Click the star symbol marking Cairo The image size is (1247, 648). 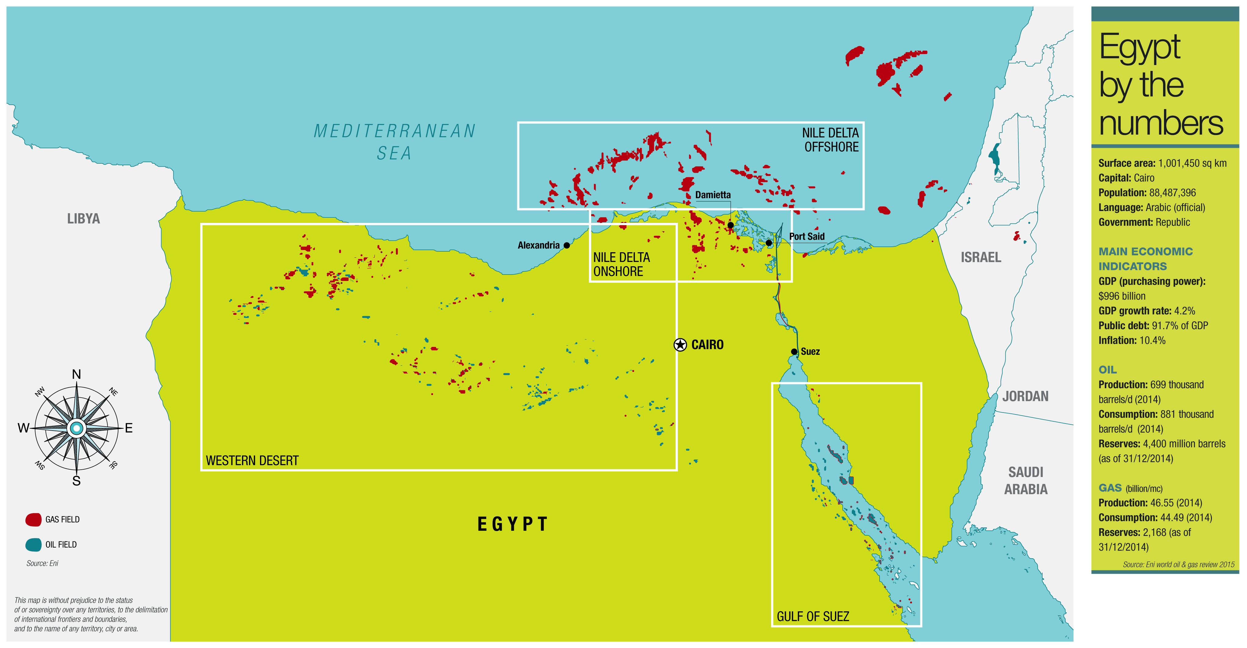(680, 345)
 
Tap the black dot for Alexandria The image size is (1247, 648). (567, 246)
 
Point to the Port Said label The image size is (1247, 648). (807, 236)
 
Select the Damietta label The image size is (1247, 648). (713, 195)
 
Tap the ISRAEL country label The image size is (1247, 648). (981, 257)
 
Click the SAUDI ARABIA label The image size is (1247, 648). (1025, 480)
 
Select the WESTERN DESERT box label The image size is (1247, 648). (252, 461)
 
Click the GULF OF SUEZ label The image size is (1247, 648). (813, 617)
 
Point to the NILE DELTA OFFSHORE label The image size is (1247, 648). (831, 140)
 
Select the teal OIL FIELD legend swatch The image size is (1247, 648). (33, 545)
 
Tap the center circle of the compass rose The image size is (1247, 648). (77, 428)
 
